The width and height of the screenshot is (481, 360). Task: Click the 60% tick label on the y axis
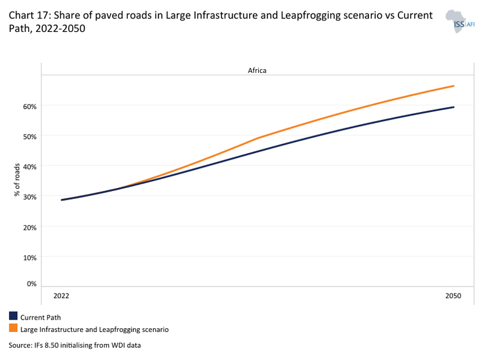30,106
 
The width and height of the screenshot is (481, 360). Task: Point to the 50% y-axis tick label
30,136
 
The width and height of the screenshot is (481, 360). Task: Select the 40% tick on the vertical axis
30,166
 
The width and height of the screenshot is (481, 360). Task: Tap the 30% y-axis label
30,197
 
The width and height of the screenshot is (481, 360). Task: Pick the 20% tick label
30,227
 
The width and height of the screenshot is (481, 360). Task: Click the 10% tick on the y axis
30,257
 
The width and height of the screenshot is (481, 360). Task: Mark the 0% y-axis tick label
32,283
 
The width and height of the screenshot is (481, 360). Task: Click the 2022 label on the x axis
61,296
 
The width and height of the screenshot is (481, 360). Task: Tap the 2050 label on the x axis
453,296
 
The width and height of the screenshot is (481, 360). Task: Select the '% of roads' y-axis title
17,179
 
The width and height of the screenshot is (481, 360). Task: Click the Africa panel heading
257,70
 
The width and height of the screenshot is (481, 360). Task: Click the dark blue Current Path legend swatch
13,317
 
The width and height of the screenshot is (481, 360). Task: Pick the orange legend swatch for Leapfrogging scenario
13,329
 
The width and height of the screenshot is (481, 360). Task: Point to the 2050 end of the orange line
453,86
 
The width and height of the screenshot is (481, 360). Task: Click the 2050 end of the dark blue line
453,107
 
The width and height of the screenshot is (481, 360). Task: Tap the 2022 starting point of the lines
62,200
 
